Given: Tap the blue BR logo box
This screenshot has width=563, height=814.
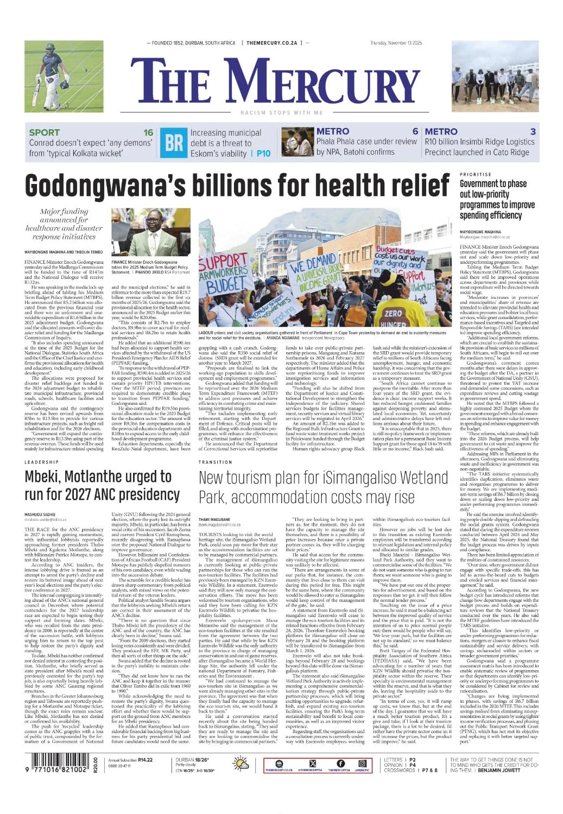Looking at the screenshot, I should click(x=174, y=143).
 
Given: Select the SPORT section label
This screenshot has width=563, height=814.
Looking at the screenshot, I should click(x=45, y=132).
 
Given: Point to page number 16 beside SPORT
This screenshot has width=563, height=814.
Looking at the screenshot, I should click(x=148, y=132).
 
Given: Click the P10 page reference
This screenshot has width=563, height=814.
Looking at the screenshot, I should click(x=263, y=154).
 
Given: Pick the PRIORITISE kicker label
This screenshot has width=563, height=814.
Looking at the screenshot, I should click(x=475, y=174).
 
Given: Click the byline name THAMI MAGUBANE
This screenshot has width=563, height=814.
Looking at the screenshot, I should click(x=215, y=519).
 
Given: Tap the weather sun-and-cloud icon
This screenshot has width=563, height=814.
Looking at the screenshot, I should click(x=241, y=765).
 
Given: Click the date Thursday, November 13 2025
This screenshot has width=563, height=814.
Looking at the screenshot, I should click(x=396, y=43).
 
